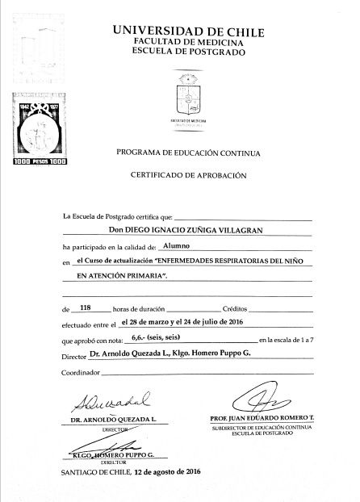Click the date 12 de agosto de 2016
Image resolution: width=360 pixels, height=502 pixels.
[166, 471]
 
